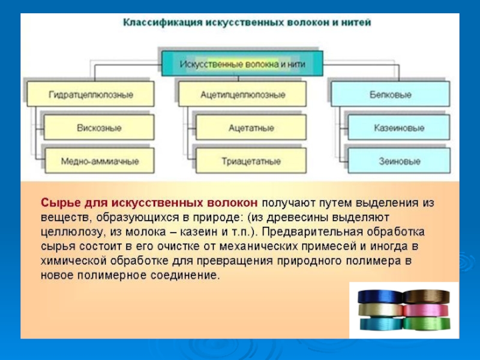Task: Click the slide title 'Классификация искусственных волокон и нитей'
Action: click(x=247, y=22)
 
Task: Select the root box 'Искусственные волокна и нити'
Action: click(x=242, y=63)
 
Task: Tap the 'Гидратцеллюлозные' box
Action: click(x=89, y=95)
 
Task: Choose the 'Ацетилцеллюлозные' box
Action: click(x=242, y=95)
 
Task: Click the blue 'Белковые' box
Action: click(x=391, y=95)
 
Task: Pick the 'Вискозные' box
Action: click(x=99, y=128)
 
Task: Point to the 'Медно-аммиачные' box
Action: click(x=99, y=161)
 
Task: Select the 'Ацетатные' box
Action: click(x=251, y=128)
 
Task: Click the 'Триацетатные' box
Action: click(x=251, y=161)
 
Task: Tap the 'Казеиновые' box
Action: click(x=399, y=128)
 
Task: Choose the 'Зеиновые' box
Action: click(x=399, y=161)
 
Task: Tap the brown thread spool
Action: click(x=425, y=296)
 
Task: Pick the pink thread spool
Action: click(x=425, y=310)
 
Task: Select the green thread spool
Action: click(x=425, y=323)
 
